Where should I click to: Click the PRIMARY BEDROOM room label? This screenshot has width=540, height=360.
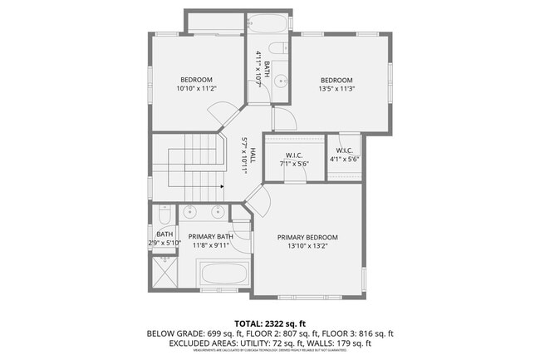click(x=307, y=237)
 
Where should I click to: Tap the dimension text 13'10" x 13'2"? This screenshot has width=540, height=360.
click(x=307, y=246)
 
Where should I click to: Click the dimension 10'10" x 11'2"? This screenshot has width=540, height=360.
click(x=196, y=88)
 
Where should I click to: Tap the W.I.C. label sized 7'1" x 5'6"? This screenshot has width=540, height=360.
click(x=293, y=155)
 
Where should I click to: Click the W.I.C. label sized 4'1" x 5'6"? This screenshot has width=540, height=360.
click(x=342, y=150)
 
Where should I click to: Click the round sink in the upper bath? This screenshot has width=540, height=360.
click(x=281, y=81)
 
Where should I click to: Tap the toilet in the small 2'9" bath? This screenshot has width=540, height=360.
click(x=164, y=216)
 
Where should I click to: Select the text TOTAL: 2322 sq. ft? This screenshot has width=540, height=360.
click(x=269, y=323)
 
